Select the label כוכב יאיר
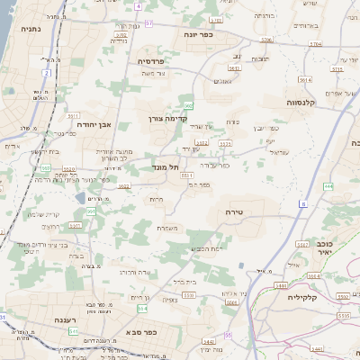coord(322,247)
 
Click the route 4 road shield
coord(139,6)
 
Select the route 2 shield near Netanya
coord(46,72)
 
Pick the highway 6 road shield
coord(303,205)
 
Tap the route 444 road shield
coord(328,186)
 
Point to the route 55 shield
coord(228,335)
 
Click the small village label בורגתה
coord(264,15)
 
